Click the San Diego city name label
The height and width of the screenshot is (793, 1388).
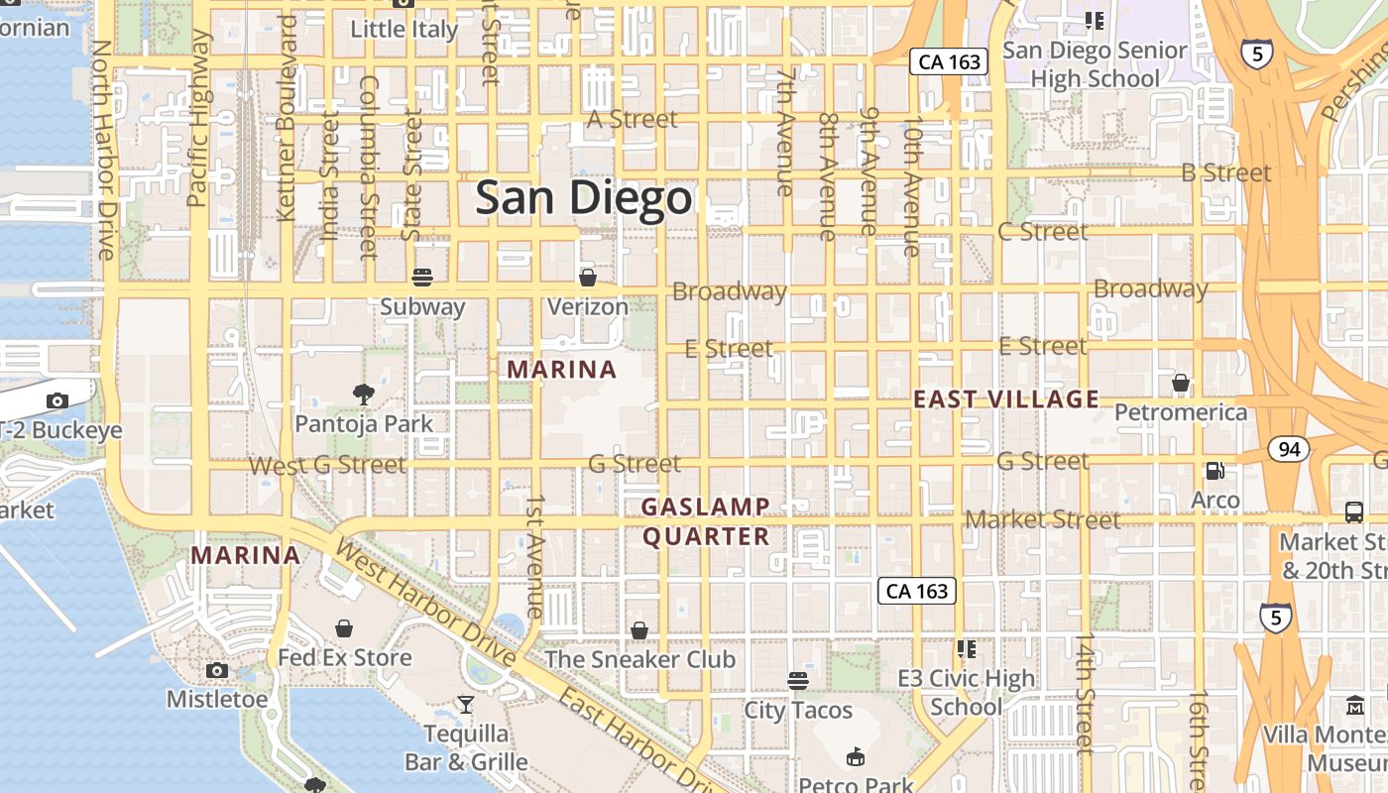pos(583,198)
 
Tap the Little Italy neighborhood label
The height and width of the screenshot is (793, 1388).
pos(405,29)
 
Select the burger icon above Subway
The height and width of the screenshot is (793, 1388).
pos(422,277)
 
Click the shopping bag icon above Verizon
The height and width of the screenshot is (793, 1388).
pos(588,277)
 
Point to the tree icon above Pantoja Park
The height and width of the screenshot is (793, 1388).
pos(364,394)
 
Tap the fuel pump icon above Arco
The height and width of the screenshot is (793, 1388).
pos(1214,471)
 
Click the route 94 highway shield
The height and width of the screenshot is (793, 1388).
pos(1289,450)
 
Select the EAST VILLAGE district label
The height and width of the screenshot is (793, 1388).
pos(1005,399)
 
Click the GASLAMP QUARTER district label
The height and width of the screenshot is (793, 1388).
pos(705,521)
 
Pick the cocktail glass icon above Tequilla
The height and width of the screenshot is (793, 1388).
pos(465,704)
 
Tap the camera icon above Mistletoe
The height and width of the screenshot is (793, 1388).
pos(217,670)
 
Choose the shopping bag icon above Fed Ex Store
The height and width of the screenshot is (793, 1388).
pos(344,628)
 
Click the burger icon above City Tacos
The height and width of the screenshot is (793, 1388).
pos(798,680)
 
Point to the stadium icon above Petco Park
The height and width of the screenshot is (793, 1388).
pos(855,757)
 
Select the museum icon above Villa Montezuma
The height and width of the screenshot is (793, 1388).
pos(1354,706)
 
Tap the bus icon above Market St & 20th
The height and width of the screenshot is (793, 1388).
pos(1354,511)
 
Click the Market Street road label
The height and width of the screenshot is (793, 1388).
pos(1043,519)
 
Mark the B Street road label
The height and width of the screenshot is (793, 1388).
pos(1225,172)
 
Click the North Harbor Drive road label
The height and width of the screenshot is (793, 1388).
pos(104,150)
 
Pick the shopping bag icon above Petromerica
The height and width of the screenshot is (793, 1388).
pos(1181,383)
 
